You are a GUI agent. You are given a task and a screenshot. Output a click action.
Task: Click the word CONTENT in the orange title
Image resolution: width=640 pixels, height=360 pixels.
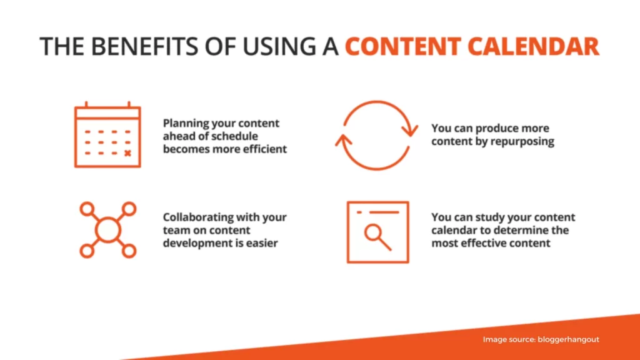point(403,46)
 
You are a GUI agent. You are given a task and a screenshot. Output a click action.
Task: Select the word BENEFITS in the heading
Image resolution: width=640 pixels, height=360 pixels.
point(144,46)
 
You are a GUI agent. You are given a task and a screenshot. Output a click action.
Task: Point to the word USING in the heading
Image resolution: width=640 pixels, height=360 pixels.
point(279,46)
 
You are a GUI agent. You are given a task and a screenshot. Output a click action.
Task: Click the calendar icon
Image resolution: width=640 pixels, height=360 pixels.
point(107,135)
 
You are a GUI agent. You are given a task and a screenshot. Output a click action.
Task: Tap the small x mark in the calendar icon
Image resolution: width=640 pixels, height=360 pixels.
point(127,153)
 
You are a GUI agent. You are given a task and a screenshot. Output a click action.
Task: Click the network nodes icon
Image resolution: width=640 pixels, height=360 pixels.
point(107,230)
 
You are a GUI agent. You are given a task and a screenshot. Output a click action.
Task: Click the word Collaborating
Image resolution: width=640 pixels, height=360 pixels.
point(197,217)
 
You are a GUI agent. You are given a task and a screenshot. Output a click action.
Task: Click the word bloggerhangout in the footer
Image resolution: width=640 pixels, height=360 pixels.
point(568,339)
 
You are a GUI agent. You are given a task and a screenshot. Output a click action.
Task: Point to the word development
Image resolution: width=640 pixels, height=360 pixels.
point(194,243)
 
